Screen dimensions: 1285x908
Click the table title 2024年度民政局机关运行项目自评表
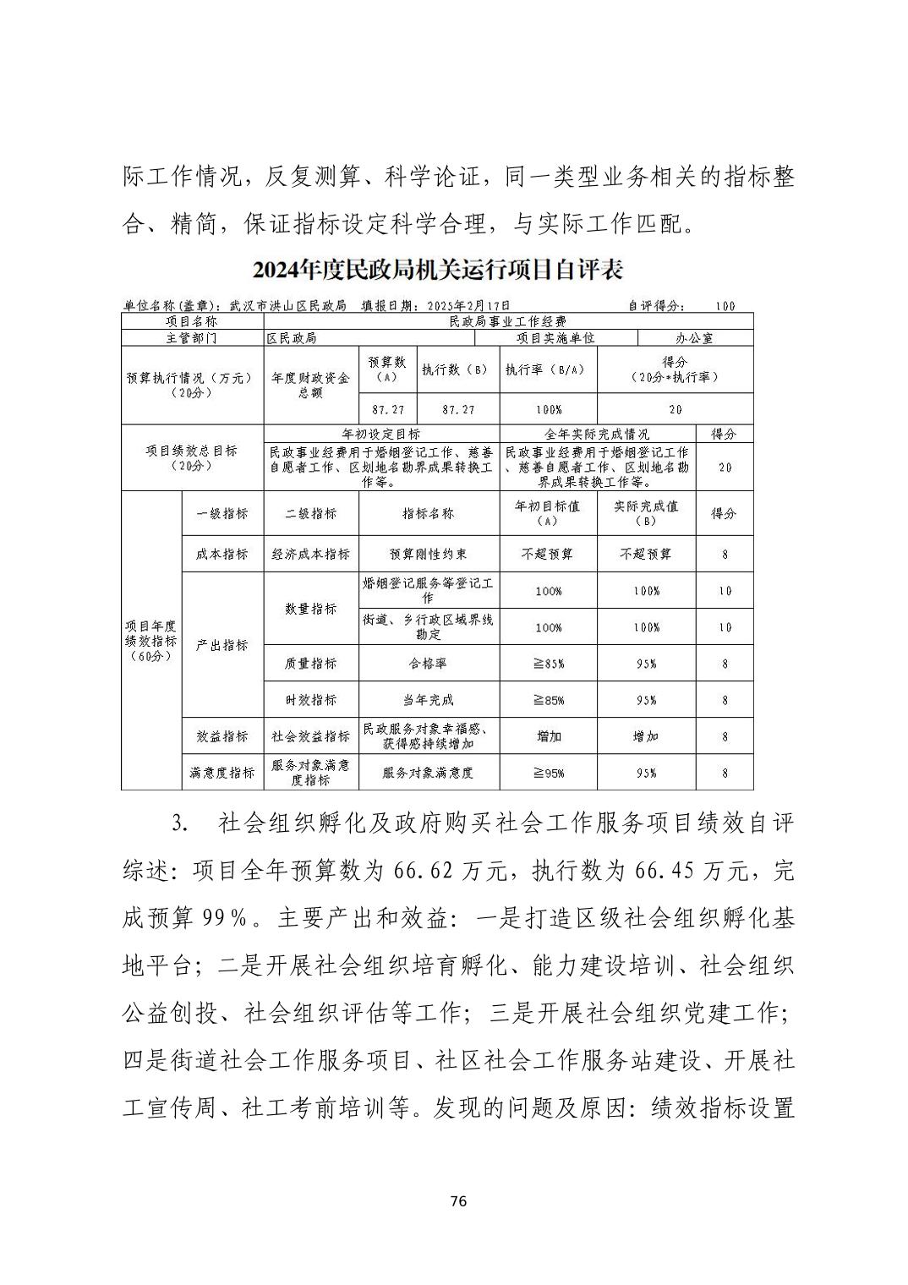[x=437, y=271]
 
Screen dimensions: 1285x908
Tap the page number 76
[x=459, y=1201]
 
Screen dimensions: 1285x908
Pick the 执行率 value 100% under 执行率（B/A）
[x=549, y=409]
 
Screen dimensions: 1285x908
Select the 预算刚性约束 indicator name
[x=429, y=555]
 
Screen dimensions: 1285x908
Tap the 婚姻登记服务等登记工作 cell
[x=429, y=591]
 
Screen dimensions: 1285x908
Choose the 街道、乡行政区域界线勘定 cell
[x=429, y=627]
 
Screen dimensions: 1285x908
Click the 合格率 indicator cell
[x=429, y=664]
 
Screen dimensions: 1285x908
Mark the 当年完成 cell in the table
[x=429, y=700]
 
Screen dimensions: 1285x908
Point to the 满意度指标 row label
[x=222, y=773]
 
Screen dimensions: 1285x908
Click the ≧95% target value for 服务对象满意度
[x=549, y=773]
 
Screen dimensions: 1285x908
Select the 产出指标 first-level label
[x=222, y=645]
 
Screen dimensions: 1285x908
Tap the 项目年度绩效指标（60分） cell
[x=151, y=641]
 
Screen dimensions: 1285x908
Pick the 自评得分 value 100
[x=725, y=306]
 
